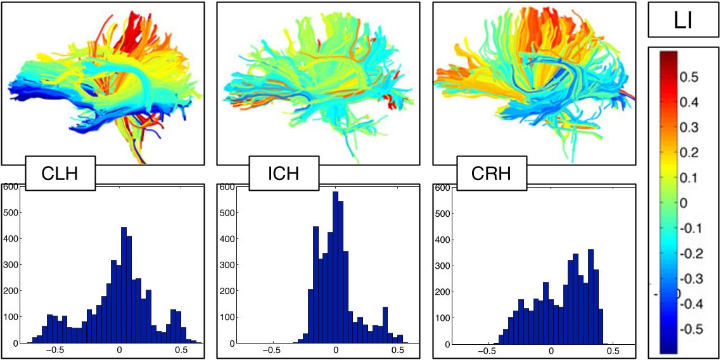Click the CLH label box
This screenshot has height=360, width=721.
click(x=60, y=173)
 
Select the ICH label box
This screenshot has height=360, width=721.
click(x=283, y=173)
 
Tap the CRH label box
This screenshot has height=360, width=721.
click(x=492, y=173)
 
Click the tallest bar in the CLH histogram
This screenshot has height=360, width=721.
click(x=124, y=285)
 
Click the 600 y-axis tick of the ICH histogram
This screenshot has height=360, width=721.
click(x=224, y=188)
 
